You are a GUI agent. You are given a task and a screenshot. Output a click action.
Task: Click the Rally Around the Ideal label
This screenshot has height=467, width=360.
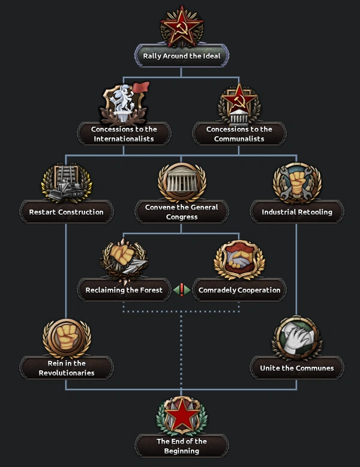pos(181,56)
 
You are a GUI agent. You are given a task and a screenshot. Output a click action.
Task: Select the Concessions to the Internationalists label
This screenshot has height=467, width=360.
pos(124,134)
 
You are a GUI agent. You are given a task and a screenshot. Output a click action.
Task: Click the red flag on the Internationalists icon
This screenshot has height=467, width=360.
pos(140,88)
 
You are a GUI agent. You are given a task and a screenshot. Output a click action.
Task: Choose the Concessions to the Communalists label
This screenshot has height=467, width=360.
pos(239,134)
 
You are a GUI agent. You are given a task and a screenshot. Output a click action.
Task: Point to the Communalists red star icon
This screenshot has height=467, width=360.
pos(239,98)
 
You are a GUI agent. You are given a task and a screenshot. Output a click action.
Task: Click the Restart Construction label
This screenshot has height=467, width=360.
pos(66,212)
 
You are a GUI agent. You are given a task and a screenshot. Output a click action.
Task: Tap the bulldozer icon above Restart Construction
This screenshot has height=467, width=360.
pos(66,183)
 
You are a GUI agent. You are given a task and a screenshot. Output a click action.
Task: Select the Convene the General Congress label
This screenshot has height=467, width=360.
pos(181,212)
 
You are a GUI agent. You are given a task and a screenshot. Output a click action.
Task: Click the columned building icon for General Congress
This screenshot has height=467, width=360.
pos(181,181)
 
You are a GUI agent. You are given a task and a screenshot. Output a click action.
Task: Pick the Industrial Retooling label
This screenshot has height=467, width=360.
pos(296,212)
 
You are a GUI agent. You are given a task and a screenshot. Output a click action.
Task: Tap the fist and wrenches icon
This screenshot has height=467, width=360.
pos(296,181)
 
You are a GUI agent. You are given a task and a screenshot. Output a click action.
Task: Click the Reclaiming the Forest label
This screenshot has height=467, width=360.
pos(124,290)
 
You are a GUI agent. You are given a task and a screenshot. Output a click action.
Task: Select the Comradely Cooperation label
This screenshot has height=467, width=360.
pos(239,290)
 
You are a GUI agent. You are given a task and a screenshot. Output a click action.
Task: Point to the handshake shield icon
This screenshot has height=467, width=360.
pos(239,259)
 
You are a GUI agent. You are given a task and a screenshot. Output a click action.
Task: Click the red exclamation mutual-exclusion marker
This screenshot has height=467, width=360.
pos(181,290)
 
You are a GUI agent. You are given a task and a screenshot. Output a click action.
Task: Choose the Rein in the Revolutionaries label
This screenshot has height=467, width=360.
pos(66,368)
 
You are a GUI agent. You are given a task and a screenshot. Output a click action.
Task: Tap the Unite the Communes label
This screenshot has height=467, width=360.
pos(296,368)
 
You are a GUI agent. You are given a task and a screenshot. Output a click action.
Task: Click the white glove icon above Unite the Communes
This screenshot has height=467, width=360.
pos(296,338)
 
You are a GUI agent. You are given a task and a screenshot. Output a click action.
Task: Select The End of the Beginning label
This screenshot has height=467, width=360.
pos(181,446)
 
